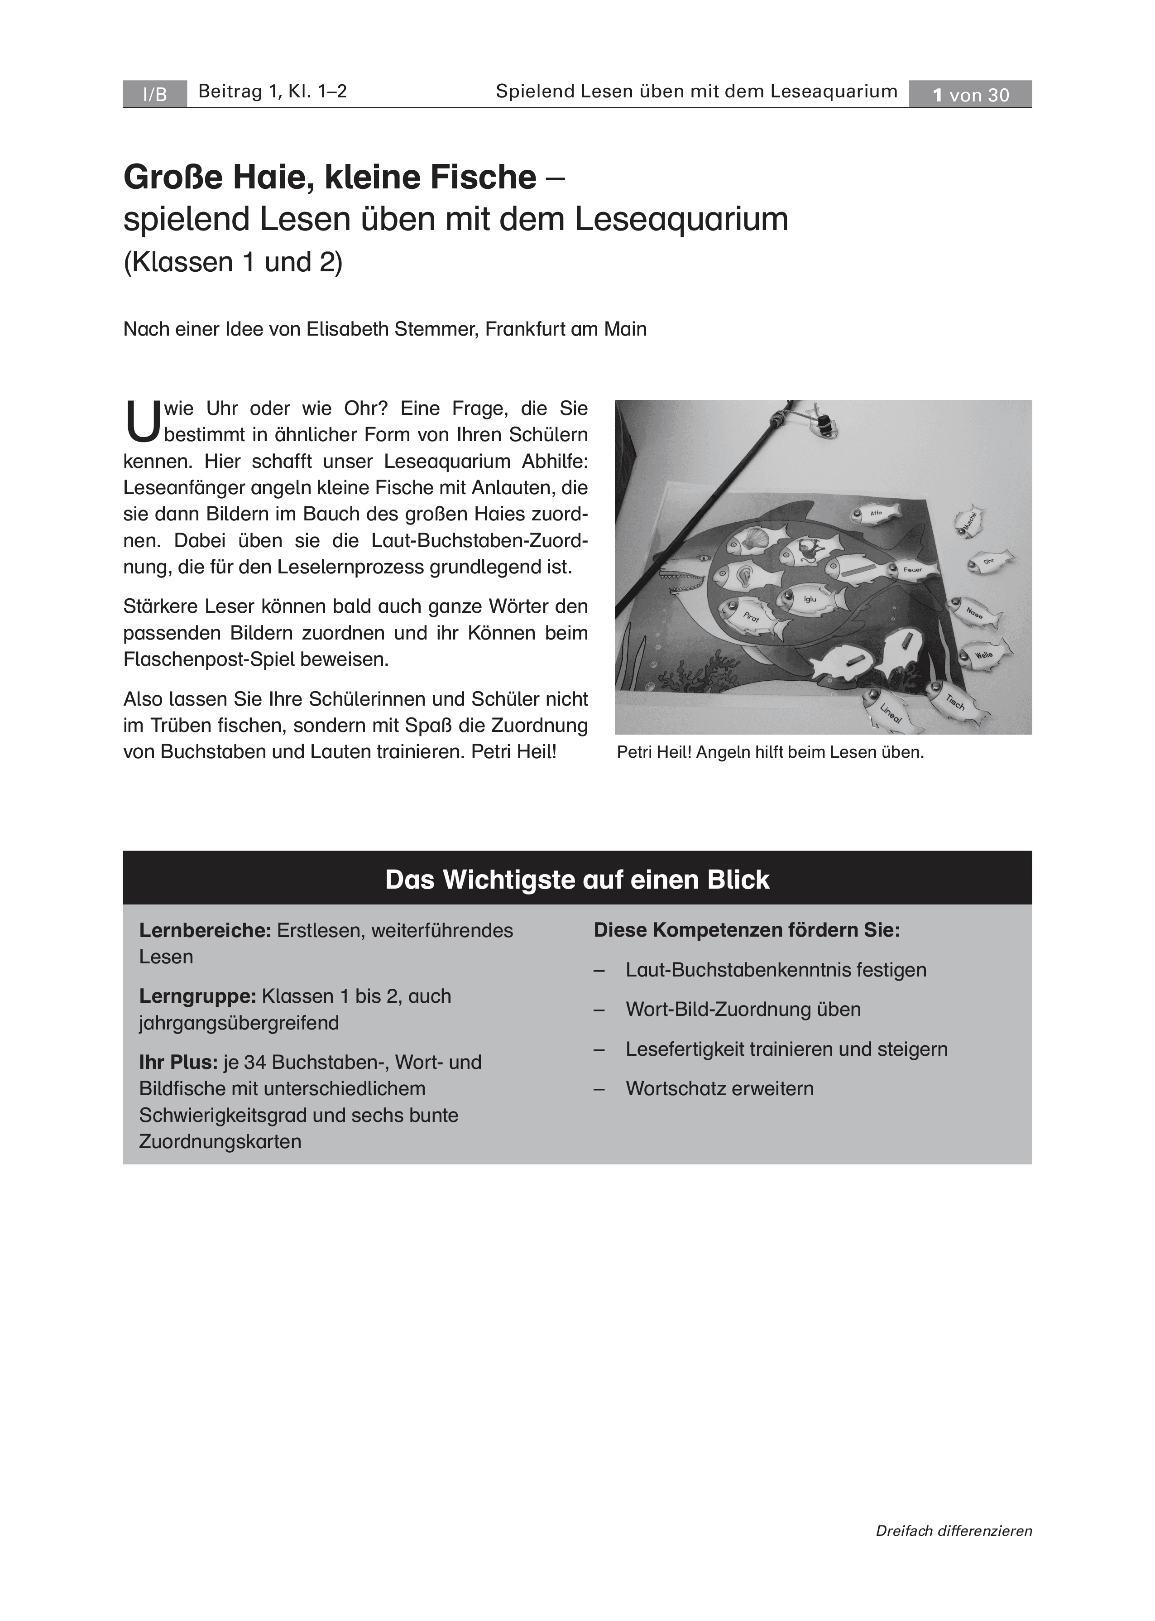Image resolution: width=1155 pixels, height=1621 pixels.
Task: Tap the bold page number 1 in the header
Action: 938,95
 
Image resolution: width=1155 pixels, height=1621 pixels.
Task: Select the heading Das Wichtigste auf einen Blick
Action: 577,880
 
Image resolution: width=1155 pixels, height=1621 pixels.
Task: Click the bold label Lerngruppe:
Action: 197,996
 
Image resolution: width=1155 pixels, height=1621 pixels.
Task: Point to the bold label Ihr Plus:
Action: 178,1062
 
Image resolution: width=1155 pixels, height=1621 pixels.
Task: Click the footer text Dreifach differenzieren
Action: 953,1551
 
